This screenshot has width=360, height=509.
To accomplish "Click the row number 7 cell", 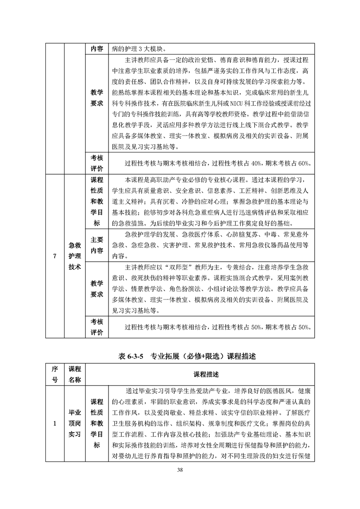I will pos(55,256).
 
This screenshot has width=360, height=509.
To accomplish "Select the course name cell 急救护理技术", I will pos(74,256).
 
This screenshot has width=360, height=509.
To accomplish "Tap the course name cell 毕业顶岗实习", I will pos(74,424).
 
